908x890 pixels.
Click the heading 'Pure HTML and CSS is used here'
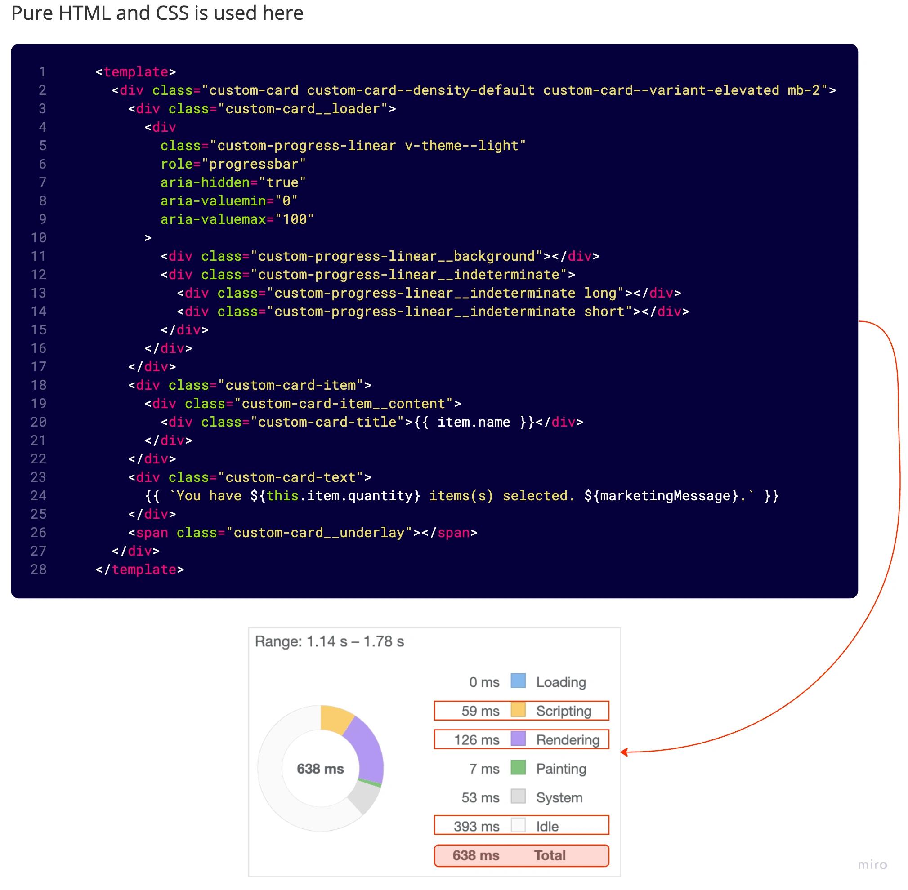[157, 13]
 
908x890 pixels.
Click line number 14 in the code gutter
[38, 311]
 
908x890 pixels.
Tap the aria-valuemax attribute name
[213, 219]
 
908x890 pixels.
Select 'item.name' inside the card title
[474, 422]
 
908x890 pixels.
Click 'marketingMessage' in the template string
[666, 495]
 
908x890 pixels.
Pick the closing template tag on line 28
[140, 570]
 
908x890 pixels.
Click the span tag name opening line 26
[152, 533]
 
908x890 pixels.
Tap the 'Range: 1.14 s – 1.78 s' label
[329, 641]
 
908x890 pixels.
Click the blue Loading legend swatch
[518, 681]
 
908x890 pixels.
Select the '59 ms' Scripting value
[480, 711]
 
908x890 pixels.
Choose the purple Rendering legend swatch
[518, 739]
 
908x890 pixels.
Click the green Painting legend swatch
[518, 768]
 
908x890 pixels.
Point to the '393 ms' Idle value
[476, 827]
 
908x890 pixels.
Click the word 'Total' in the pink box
[550, 855]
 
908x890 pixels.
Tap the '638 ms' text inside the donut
[320, 769]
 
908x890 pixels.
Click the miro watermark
[872, 864]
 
